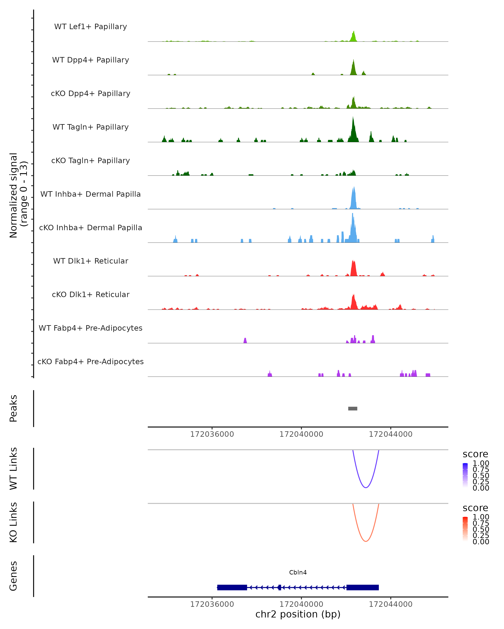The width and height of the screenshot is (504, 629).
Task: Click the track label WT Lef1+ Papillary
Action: (91, 27)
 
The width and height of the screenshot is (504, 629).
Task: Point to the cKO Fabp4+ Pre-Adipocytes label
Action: (91, 361)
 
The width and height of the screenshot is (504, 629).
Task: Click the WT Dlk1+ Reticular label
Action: (91, 261)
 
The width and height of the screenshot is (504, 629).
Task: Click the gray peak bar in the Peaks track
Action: (353, 408)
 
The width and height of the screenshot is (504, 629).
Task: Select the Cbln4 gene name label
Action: (298, 572)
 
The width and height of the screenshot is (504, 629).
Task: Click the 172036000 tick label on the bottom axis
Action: (212, 604)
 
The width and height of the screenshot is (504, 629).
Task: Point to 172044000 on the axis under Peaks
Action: (391, 434)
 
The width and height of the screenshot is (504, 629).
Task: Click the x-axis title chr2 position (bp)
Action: (298, 614)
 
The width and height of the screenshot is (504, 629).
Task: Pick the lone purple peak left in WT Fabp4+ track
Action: (245, 340)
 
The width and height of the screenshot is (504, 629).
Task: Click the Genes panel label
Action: (13, 576)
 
